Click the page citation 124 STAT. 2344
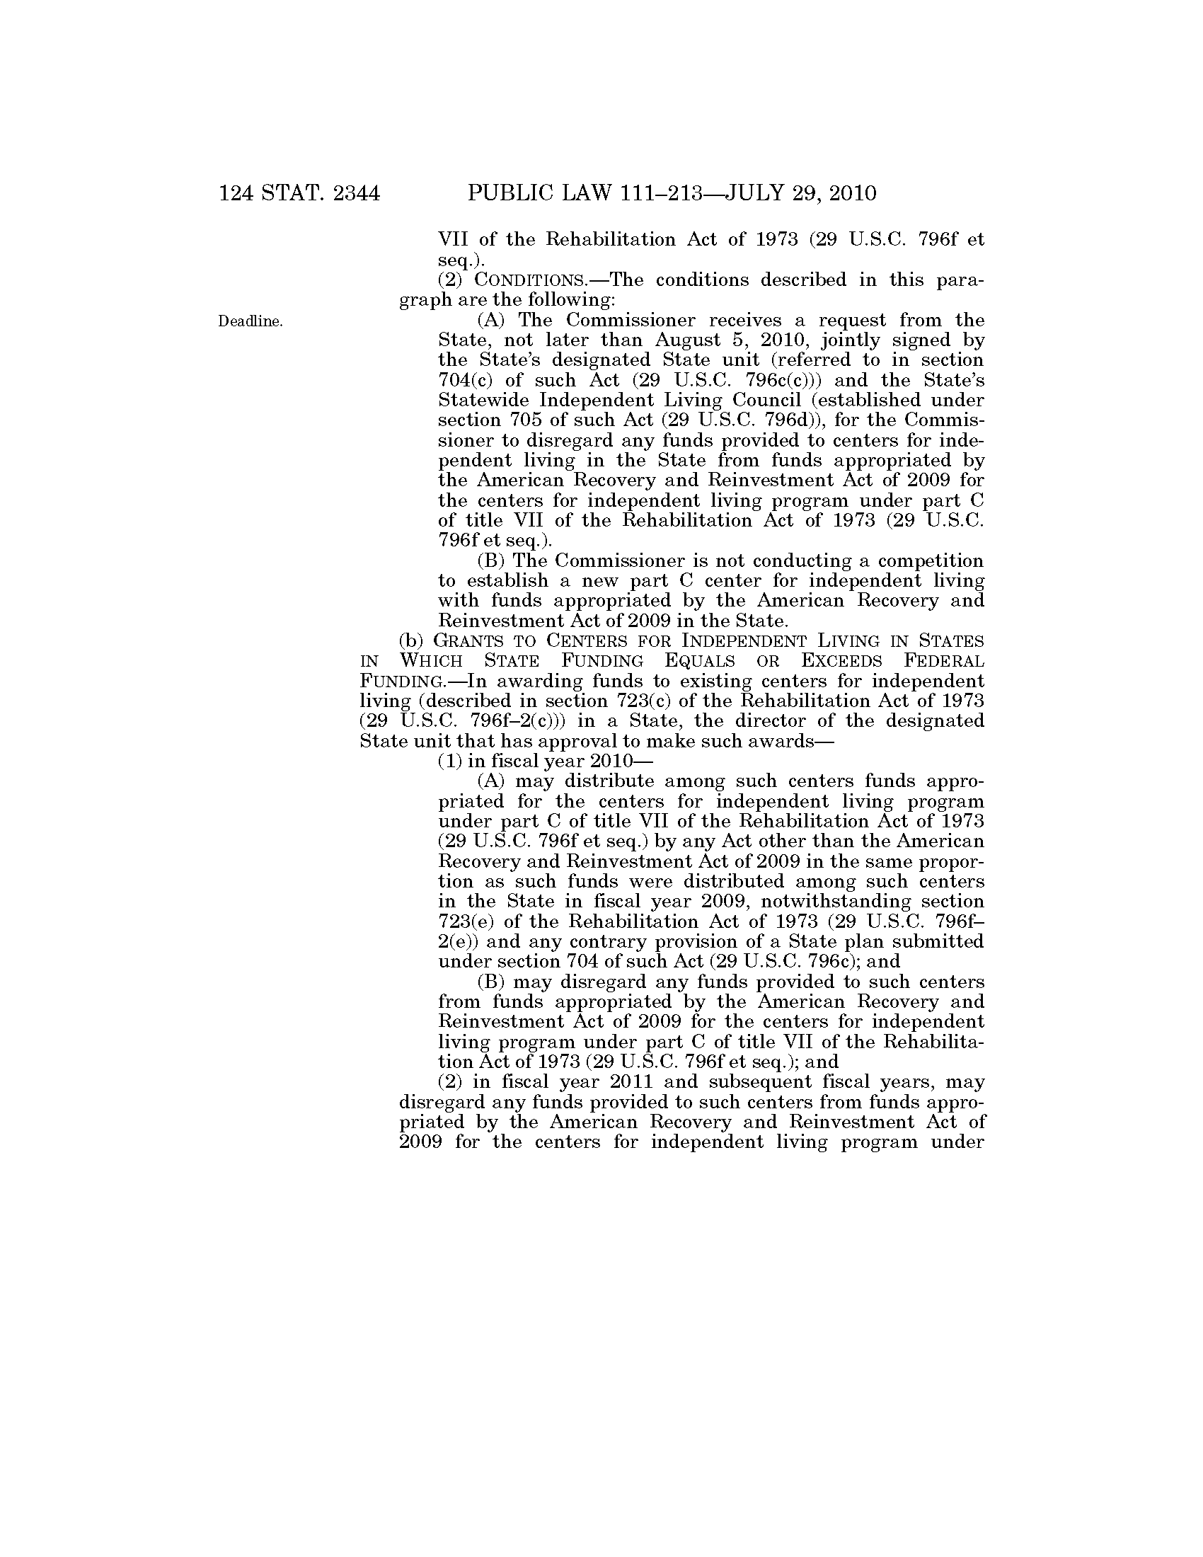[299, 194]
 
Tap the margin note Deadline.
[250, 321]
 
